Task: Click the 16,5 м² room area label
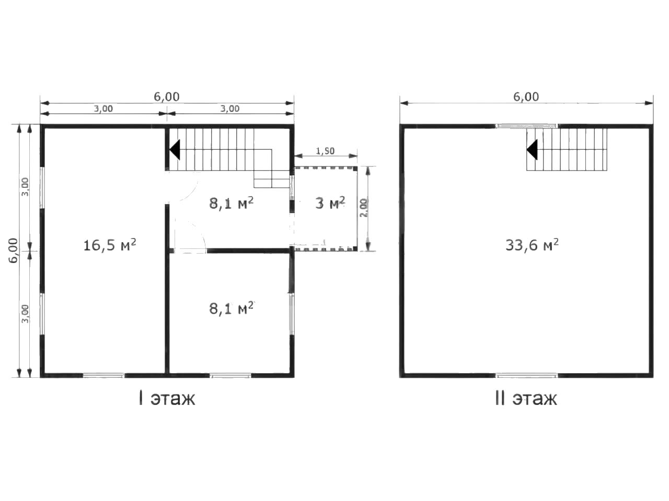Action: pyautogui.click(x=110, y=245)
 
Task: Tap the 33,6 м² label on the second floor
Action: pyautogui.click(x=532, y=245)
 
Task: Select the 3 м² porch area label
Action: pyautogui.click(x=330, y=202)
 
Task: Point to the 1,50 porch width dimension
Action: pyautogui.click(x=325, y=151)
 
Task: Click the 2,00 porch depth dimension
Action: pyautogui.click(x=364, y=208)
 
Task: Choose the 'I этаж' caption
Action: pyautogui.click(x=167, y=398)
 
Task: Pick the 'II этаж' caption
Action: pyautogui.click(x=526, y=398)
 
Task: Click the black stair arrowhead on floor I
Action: pyautogui.click(x=175, y=150)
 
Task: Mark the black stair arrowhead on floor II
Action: pyautogui.click(x=532, y=150)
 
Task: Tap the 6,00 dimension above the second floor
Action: pyautogui.click(x=526, y=97)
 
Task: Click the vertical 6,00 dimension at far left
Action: pyautogui.click(x=13, y=250)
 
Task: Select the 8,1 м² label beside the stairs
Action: pyautogui.click(x=231, y=203)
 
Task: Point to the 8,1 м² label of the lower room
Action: pyautogui.click(x=231, y=308)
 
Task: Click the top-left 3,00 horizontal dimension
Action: pyautogui.click(x=103, y=109)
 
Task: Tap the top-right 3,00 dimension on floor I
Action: pyautogui.click(x=230, y=109)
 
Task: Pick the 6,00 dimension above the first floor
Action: pyautogui.click(x=166, y=97)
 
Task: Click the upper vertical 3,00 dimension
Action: pyautogui.click(x=25, y=187)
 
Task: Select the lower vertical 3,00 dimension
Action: pyautogui.click(x=25, y=314)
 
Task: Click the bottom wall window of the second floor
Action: pyautogui.click(x=527, y=376)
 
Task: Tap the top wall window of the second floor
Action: pyautogui.click(x=527, y=126)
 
